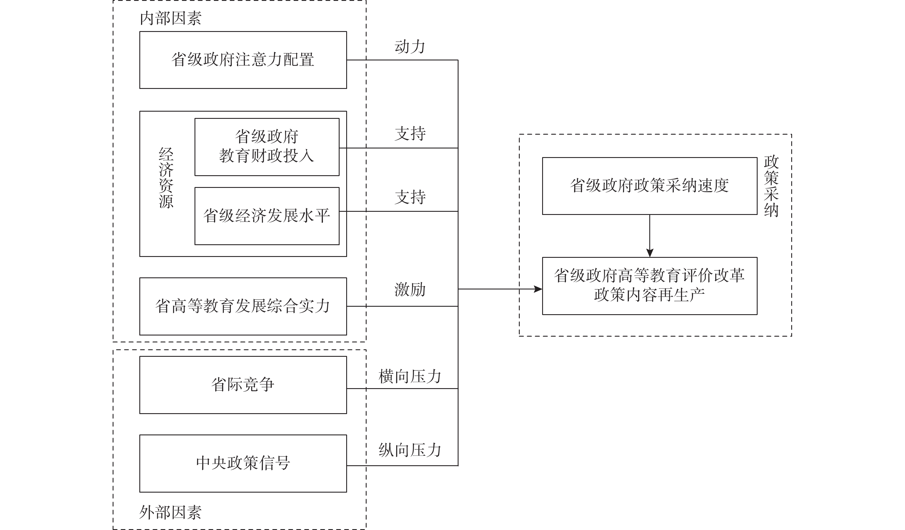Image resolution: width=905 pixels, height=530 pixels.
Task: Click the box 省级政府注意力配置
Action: (x=243, y=60)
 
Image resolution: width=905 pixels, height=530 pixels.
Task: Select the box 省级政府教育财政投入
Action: (x=267, y=147)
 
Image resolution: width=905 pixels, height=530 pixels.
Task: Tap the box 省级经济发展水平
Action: (x=267, y=216)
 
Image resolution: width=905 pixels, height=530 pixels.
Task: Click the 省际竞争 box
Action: (x=243, y=385)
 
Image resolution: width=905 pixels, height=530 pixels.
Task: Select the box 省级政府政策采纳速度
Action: (x=649, y=186)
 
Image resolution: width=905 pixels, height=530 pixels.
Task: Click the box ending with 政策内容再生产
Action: (x=649, y=285)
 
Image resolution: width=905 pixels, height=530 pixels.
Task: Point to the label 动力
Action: (x=410, y=47)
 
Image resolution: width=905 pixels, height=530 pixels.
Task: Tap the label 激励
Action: (x=410, y=289)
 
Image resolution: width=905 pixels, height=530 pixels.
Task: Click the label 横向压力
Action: (x=410, y=376)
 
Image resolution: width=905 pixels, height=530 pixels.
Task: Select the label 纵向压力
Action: (x=410, y=450)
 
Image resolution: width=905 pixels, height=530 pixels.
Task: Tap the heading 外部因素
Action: (x=171, y=512)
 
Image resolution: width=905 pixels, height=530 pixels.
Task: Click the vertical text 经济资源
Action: (x=166, y=178)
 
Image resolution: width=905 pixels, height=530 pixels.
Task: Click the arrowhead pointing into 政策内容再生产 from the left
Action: (x=538, y=289)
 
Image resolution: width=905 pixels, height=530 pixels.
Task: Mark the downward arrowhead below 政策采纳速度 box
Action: (x=649, y=253)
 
